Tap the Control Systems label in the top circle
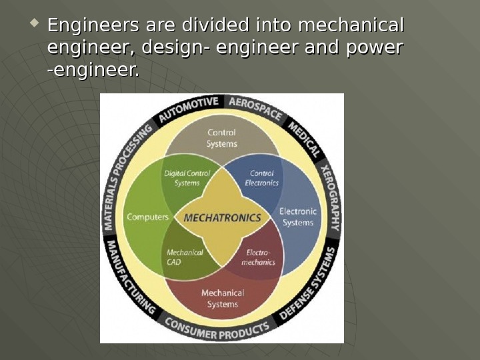point(221,138)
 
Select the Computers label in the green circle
point(147,217)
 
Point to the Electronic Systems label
point(297,217)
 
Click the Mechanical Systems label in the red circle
point(223,298)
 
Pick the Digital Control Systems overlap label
point(187,178)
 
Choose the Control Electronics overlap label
point(262,178)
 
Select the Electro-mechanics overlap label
point(258,257)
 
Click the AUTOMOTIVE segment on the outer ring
point(189,109)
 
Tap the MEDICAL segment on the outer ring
point(304,137)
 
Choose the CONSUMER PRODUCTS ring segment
point(217,330)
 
